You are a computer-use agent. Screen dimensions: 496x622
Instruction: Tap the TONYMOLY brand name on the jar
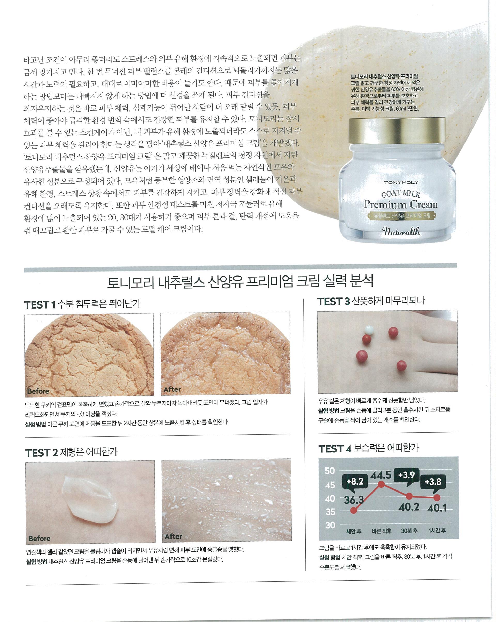(401, 182)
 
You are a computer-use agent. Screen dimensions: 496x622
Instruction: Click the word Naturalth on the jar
(401, 231)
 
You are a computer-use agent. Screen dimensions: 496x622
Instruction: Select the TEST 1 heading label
(40, 305)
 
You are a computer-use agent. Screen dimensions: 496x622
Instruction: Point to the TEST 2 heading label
(42, 453)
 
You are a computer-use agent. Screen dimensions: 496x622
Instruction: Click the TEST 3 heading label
(333, 302)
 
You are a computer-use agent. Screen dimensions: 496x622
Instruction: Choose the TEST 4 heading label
(335, 449)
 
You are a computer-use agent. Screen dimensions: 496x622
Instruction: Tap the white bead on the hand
(369, 329)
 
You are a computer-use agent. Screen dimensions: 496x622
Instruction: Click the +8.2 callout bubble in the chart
(355, 481)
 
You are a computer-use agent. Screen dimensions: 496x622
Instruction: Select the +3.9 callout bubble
(406, 475)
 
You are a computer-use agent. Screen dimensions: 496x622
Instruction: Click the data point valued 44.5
(381, 484)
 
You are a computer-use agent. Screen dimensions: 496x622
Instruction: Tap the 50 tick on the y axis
(330, 471)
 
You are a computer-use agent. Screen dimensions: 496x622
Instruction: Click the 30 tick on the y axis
(330, 525)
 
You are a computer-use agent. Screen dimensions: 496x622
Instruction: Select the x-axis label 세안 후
(354, 531)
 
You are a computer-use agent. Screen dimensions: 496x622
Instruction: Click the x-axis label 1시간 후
(437, 530)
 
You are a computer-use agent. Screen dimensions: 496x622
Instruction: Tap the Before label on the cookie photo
(38, 391)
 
